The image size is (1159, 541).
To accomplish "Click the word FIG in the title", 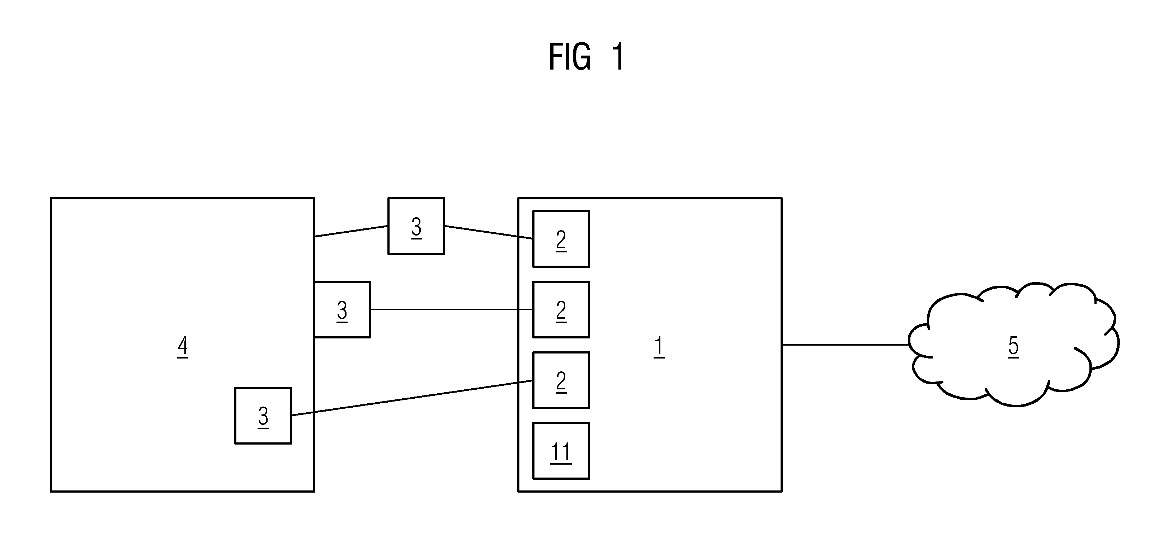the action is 570,57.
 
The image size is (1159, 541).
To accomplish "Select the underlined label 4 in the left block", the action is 183,347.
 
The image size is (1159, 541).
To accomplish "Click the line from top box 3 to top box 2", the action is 489,232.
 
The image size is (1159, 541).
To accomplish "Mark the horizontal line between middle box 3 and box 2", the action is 452,309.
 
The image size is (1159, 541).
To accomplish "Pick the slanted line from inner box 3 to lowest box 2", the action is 412,398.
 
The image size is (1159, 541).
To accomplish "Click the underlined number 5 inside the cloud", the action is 1014,347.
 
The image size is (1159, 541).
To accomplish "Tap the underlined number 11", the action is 561,452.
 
